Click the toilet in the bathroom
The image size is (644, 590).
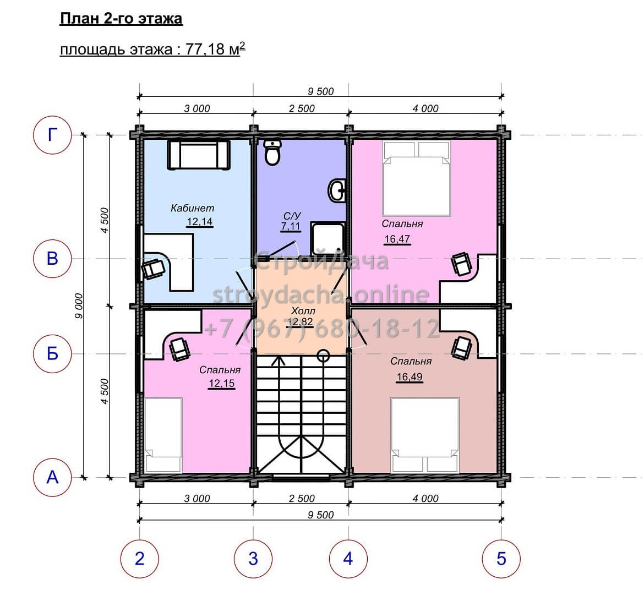[x=272, y=152]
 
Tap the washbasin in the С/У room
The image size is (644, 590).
[x=337, y=190]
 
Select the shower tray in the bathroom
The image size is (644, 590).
[x=328, y=238]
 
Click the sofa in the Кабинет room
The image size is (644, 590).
[x=198, y=154]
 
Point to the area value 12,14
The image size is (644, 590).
[x=200, y=222]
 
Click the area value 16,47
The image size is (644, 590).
[x=397, y=239]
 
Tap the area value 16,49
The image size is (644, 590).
[x=410, y=377]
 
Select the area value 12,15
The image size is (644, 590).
[x=222, y=384]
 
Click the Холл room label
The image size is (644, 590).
[x=303, y=311]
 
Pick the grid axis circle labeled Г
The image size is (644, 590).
[x=53, y=135]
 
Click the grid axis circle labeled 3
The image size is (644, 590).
[x=253, y=559]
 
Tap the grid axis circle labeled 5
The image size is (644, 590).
[x=501, y=559]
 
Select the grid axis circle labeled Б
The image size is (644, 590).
[x=53, y=353]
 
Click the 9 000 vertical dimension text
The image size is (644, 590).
[x=79, y=306]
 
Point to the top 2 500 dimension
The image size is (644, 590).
[x=302, y=108]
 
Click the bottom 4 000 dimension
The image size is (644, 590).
[x=425, y=499]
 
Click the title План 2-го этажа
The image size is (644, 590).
[x=121, y=19]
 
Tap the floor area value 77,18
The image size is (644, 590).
[x=205, y=50]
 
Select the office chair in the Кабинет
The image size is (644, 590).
[x=153, y=269]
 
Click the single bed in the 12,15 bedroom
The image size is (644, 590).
[x=163, y=435]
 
